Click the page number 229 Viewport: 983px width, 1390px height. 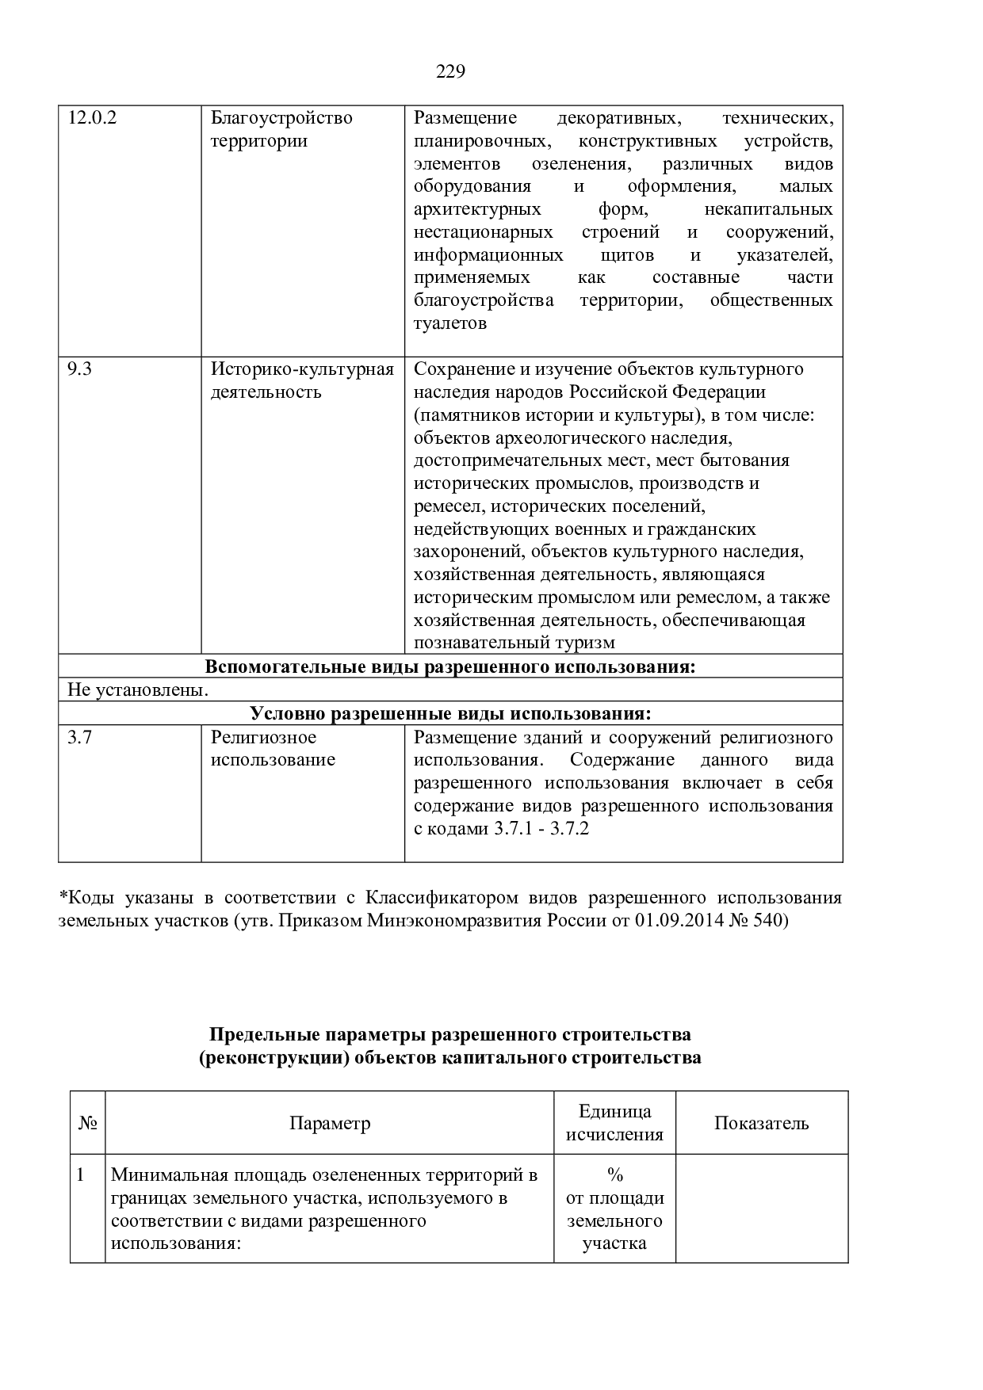450,72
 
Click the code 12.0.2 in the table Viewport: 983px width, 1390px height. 92,119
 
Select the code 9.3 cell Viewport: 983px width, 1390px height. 79,369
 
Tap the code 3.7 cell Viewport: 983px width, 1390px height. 79,738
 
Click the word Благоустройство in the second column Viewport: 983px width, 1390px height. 281,119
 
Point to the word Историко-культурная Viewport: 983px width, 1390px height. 302,369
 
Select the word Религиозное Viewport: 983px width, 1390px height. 263,738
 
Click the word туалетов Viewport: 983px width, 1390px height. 449,323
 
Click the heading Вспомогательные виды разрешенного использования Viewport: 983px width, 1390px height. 450,667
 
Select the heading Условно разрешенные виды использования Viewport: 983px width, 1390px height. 450,714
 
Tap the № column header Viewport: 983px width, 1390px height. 87,1123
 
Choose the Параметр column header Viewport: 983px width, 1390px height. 330,1123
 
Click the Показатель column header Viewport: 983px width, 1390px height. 761,1123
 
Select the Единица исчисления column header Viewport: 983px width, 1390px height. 614,1123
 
